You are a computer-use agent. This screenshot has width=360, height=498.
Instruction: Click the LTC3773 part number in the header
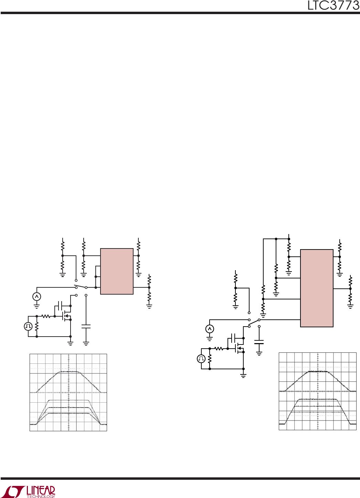[333, 6]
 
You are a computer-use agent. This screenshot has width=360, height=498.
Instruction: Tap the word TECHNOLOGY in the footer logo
[41, 496]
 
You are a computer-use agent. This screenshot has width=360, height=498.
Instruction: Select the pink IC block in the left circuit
[117, 271]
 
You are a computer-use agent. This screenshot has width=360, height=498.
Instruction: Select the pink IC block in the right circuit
[317, 288]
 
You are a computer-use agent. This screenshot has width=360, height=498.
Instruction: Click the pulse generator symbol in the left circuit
[28, 326]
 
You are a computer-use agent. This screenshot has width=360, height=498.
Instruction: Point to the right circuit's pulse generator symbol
[201, 359]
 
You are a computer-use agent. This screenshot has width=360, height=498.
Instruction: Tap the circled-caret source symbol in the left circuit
[37, 296]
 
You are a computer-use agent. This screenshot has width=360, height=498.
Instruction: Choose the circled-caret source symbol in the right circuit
[210, 329]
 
